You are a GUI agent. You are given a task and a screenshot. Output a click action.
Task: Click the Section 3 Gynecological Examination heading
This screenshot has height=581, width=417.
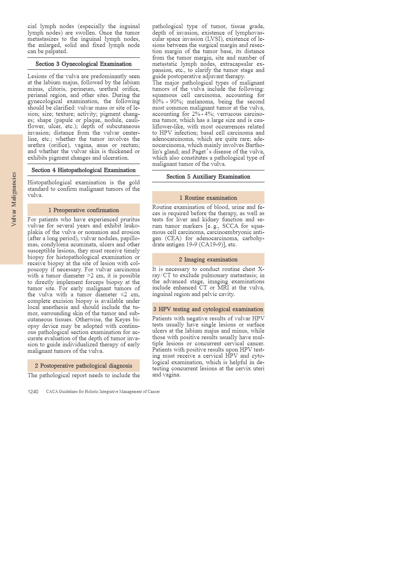(x=84, y=64)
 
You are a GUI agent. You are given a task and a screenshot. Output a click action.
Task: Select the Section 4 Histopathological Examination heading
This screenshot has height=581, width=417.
(x=84, y=170)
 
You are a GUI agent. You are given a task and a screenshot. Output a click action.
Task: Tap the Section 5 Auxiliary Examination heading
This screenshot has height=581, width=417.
(x=208, y=176)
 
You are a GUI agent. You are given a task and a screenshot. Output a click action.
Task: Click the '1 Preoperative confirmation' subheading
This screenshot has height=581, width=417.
(x=84, y=210)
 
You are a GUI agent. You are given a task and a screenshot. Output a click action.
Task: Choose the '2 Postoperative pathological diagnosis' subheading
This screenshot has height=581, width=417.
(x=84, y=366)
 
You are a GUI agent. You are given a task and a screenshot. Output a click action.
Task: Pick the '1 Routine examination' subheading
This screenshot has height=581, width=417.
(x=208, y=198)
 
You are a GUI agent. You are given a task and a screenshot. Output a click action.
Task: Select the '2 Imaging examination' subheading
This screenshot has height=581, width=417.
(x=208, y=259)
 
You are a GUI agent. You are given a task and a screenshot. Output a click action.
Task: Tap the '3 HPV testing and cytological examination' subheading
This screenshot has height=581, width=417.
(x=208, y=309)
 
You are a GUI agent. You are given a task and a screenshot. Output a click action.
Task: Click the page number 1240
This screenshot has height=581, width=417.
(x=33, y=392)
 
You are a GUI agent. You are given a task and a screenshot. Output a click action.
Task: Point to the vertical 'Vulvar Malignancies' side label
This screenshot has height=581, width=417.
(x=14, y=199)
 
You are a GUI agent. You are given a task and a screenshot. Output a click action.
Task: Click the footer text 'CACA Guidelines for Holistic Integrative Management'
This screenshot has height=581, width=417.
(x=103, y=392)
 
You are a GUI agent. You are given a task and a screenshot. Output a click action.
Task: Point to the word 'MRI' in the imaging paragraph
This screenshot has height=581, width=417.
(x=223, y=287)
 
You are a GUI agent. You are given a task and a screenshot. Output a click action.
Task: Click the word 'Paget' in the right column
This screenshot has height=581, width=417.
(x=199, y=151)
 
